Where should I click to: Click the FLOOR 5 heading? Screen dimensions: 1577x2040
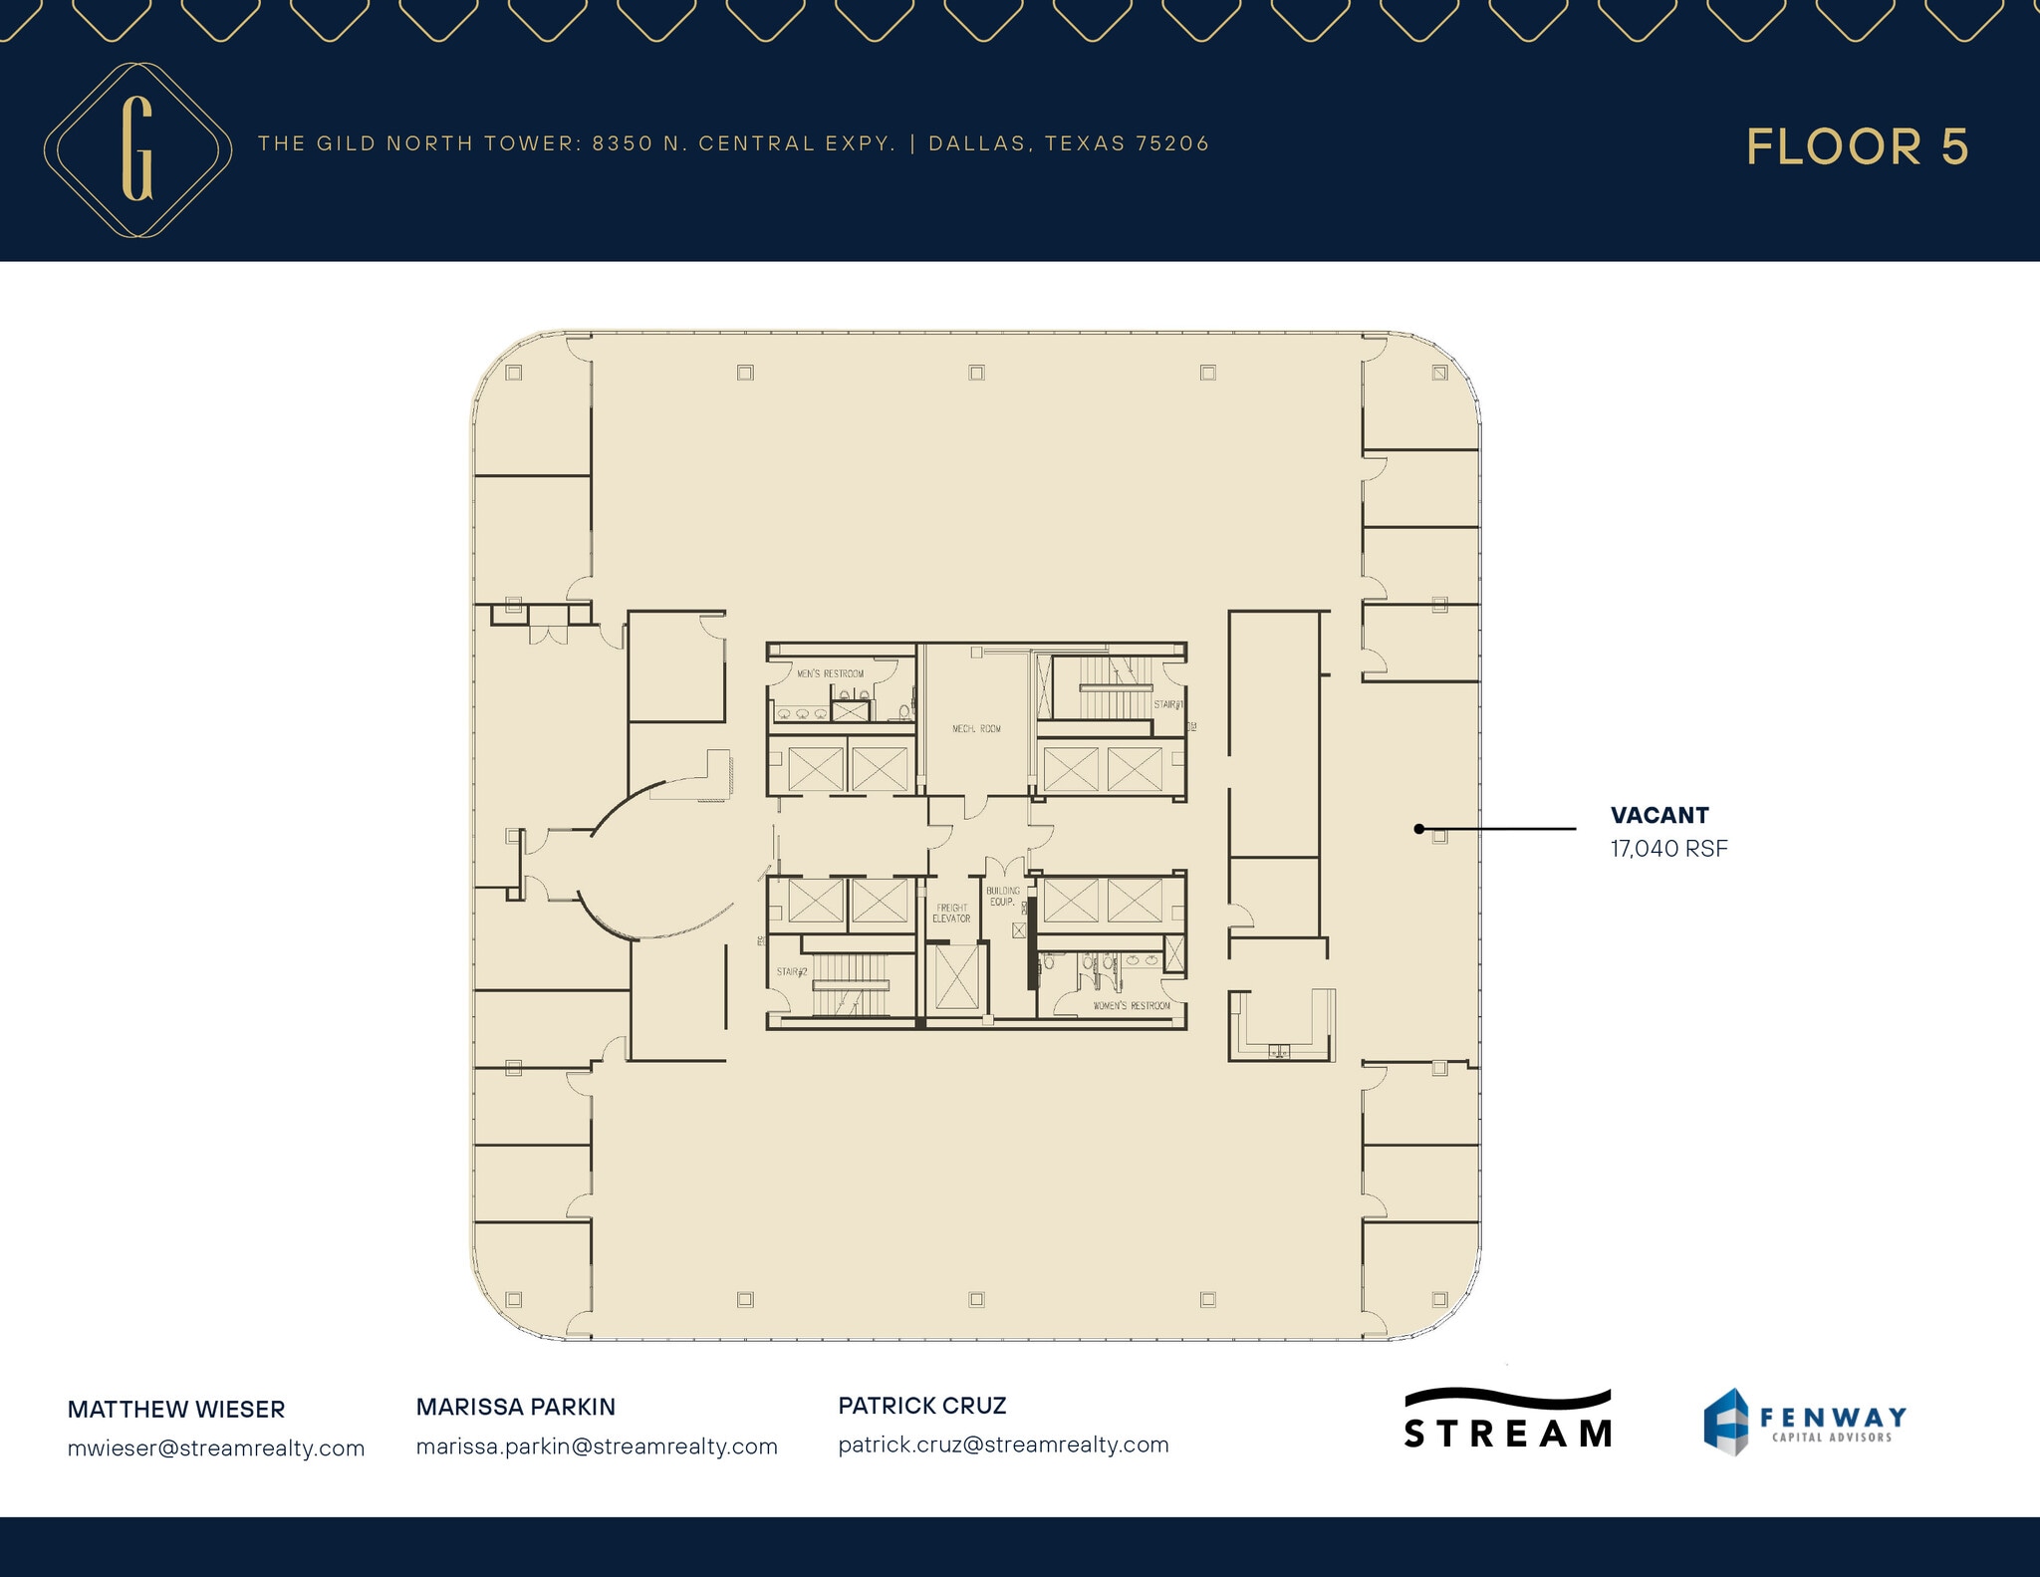pyautogui.click(x=1857, y=147)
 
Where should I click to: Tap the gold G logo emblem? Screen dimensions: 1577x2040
pyautogui.click(x=137, y=149)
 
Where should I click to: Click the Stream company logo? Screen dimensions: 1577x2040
pyautogui.click(x=1507, y=1419)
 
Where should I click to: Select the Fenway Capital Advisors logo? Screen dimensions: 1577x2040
pyautogui.click(x=1805, y=1422)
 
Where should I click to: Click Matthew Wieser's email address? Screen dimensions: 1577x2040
pyautogui.click(x=216, y=1447)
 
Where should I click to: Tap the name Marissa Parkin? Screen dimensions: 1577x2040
pyautogui.click(x=515, y=1407)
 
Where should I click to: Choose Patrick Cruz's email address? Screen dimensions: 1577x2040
pyautogui.click(x=1003, y=1445)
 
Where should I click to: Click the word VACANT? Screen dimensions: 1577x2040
pyautogui.click(x=1659, y=815)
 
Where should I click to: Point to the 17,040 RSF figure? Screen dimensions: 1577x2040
pyautogui.click(x=1668, y=849)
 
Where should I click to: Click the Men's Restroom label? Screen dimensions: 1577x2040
pyautogui.click(x=830, y=674)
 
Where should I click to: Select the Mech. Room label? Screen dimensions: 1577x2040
pyautogui.click(x=976, y=729)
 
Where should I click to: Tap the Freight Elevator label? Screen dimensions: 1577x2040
pyautogui.click(x=951, y=913)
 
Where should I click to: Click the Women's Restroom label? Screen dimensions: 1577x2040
pyautogui.click(x=1132, y=1006)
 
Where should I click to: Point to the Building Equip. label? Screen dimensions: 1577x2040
pyautogui.click(x=1002, y=896)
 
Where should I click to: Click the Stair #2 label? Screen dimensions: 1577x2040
pyautogui.click(x=792, y=971)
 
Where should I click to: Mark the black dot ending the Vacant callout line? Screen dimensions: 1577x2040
pyautogui.click(x=1418, y=829)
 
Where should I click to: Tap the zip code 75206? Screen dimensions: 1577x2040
pyautogui.click(x=1172, y=143)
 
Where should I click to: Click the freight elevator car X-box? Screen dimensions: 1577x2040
pyautogui.click(x=955, y=976)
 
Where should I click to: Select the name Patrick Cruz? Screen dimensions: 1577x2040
pyautogui.click(x=921, y=1406)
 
